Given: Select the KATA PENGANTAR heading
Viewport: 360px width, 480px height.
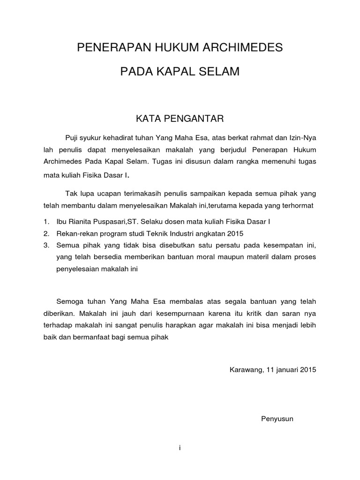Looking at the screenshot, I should coord(180,119).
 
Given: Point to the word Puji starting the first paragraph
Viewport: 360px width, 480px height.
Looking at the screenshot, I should coord(71,137).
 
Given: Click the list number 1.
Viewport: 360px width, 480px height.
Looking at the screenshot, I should coord(45,221).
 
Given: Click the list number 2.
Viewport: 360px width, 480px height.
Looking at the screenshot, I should coord(45,233).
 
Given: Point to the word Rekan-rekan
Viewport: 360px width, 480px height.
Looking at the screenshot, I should coord(77,233).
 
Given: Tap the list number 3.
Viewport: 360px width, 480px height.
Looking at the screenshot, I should coord(45,245).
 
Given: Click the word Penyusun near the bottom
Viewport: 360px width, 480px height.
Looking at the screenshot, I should coord(277,419).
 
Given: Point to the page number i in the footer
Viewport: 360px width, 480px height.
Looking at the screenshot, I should coord(180,448).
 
